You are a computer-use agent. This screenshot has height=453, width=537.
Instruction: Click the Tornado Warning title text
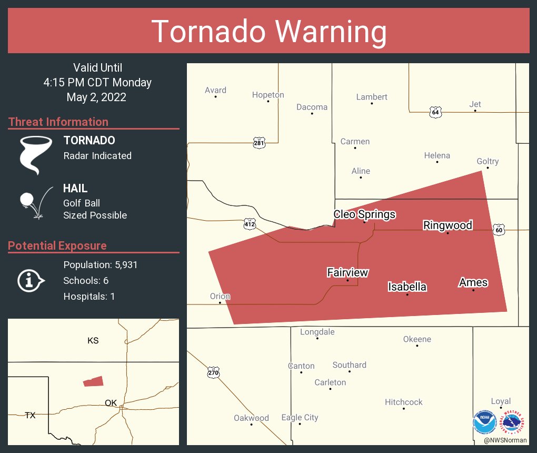pyautogui.click(x=268, y=32)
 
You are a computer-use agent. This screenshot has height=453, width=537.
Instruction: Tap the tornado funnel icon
pyautogui.click(x=36, y=154)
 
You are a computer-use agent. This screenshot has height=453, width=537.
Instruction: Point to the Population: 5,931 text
pyautogui.click(x=100, y=265)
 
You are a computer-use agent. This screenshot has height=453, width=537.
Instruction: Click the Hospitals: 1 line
pyautogui.click(x=89, y=297)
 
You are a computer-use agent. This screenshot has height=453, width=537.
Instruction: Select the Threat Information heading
pyautogui.click(x=58, y=122)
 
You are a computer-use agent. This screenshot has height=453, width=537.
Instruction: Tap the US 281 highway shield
pyautogui.click(x=258, y=142)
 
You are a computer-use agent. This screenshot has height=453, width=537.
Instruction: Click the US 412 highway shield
pyautogui.click(x=250, y=224)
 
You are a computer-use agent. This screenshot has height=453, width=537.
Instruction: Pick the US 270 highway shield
pyautogui.click(x=213, y=372)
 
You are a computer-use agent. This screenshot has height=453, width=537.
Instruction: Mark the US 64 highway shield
pyautogui.click(x=435, y=112)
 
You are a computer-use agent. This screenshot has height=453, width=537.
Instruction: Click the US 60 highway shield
pyautogui.click(x=499, y=230)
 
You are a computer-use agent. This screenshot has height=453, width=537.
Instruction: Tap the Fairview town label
pyautogui.click(x=347, y=272)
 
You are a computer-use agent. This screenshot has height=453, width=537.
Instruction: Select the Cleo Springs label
pyautogui.click(x=364, y=214)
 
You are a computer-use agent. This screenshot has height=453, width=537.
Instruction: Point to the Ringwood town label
pyautogui.click(x=447, y=225)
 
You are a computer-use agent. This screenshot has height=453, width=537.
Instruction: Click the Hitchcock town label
pyautogui.click(x=404, y=402)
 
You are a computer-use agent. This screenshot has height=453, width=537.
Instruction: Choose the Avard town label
pyautogui.click(x=215, y=90)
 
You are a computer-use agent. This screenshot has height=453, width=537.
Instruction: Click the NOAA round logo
pyautogui.click(x=484, y=422)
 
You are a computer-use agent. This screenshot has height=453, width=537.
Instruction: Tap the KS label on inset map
pyautogui.click(x=93, y=341)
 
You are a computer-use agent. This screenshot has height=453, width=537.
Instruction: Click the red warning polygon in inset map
pyautogui.click(x=93, y=381)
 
